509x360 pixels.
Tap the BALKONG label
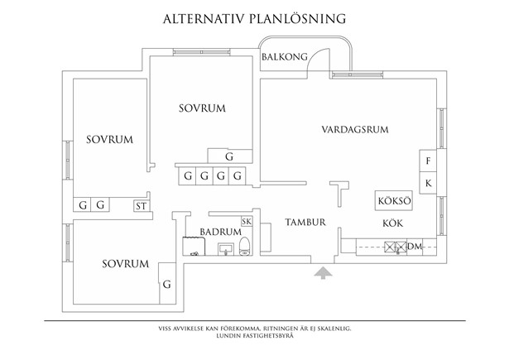click(x=284, y=57)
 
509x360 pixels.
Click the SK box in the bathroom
click(x=246, y=221)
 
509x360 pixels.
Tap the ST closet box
click(x=142, y=204)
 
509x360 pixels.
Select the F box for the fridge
click(x=428, y=161)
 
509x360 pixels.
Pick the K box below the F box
click(x=428, y=182)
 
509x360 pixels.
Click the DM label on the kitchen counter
click(x=415, y=246)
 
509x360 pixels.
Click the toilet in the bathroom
click(x=247, y=249)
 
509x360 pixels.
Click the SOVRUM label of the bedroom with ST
click(x=109, y=139)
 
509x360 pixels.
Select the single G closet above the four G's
click(x=229, y=156)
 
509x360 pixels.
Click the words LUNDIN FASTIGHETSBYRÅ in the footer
click(x=254, y=337)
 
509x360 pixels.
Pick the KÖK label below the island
click(x=391, y=223)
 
